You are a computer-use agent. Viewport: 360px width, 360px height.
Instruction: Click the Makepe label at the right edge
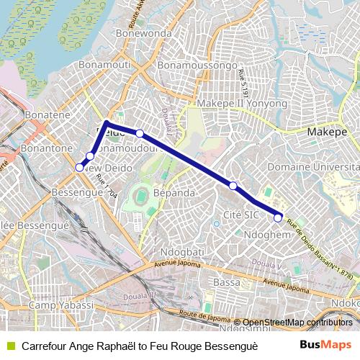click(x=328, y=132)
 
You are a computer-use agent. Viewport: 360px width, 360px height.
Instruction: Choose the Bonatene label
click(x=47, y=114)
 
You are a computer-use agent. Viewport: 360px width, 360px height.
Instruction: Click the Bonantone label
click(x=47, y=148)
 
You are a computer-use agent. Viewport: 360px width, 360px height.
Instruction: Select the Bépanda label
click(x=174, y=194)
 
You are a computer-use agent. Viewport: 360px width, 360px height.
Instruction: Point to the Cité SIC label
click(x=242, y=215)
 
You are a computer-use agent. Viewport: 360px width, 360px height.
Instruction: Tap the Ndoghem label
click(x=266, y=235)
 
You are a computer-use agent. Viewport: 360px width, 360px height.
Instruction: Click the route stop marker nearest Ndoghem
click(x=278, y=217)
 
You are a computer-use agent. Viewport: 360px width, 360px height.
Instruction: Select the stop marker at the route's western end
click(x=79, y=167)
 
